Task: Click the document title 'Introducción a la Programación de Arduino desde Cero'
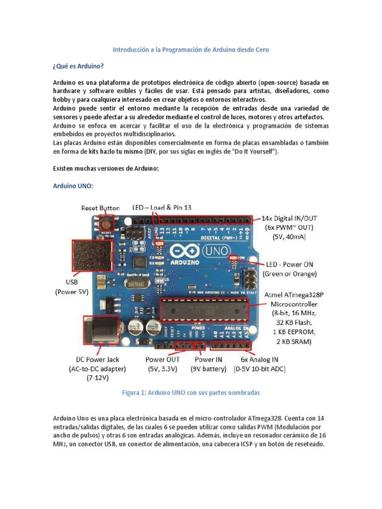pos(191,50)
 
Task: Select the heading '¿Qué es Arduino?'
pos(79,66)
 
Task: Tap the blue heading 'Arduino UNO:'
pos(73,186)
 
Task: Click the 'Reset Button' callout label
pos(100,208)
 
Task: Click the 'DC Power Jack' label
pos(97,359)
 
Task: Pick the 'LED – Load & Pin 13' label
pos(162,208)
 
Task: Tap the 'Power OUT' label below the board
pos(162,359)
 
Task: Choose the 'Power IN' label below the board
pos(208,359)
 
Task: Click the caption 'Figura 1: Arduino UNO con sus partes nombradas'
pos(191,392)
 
